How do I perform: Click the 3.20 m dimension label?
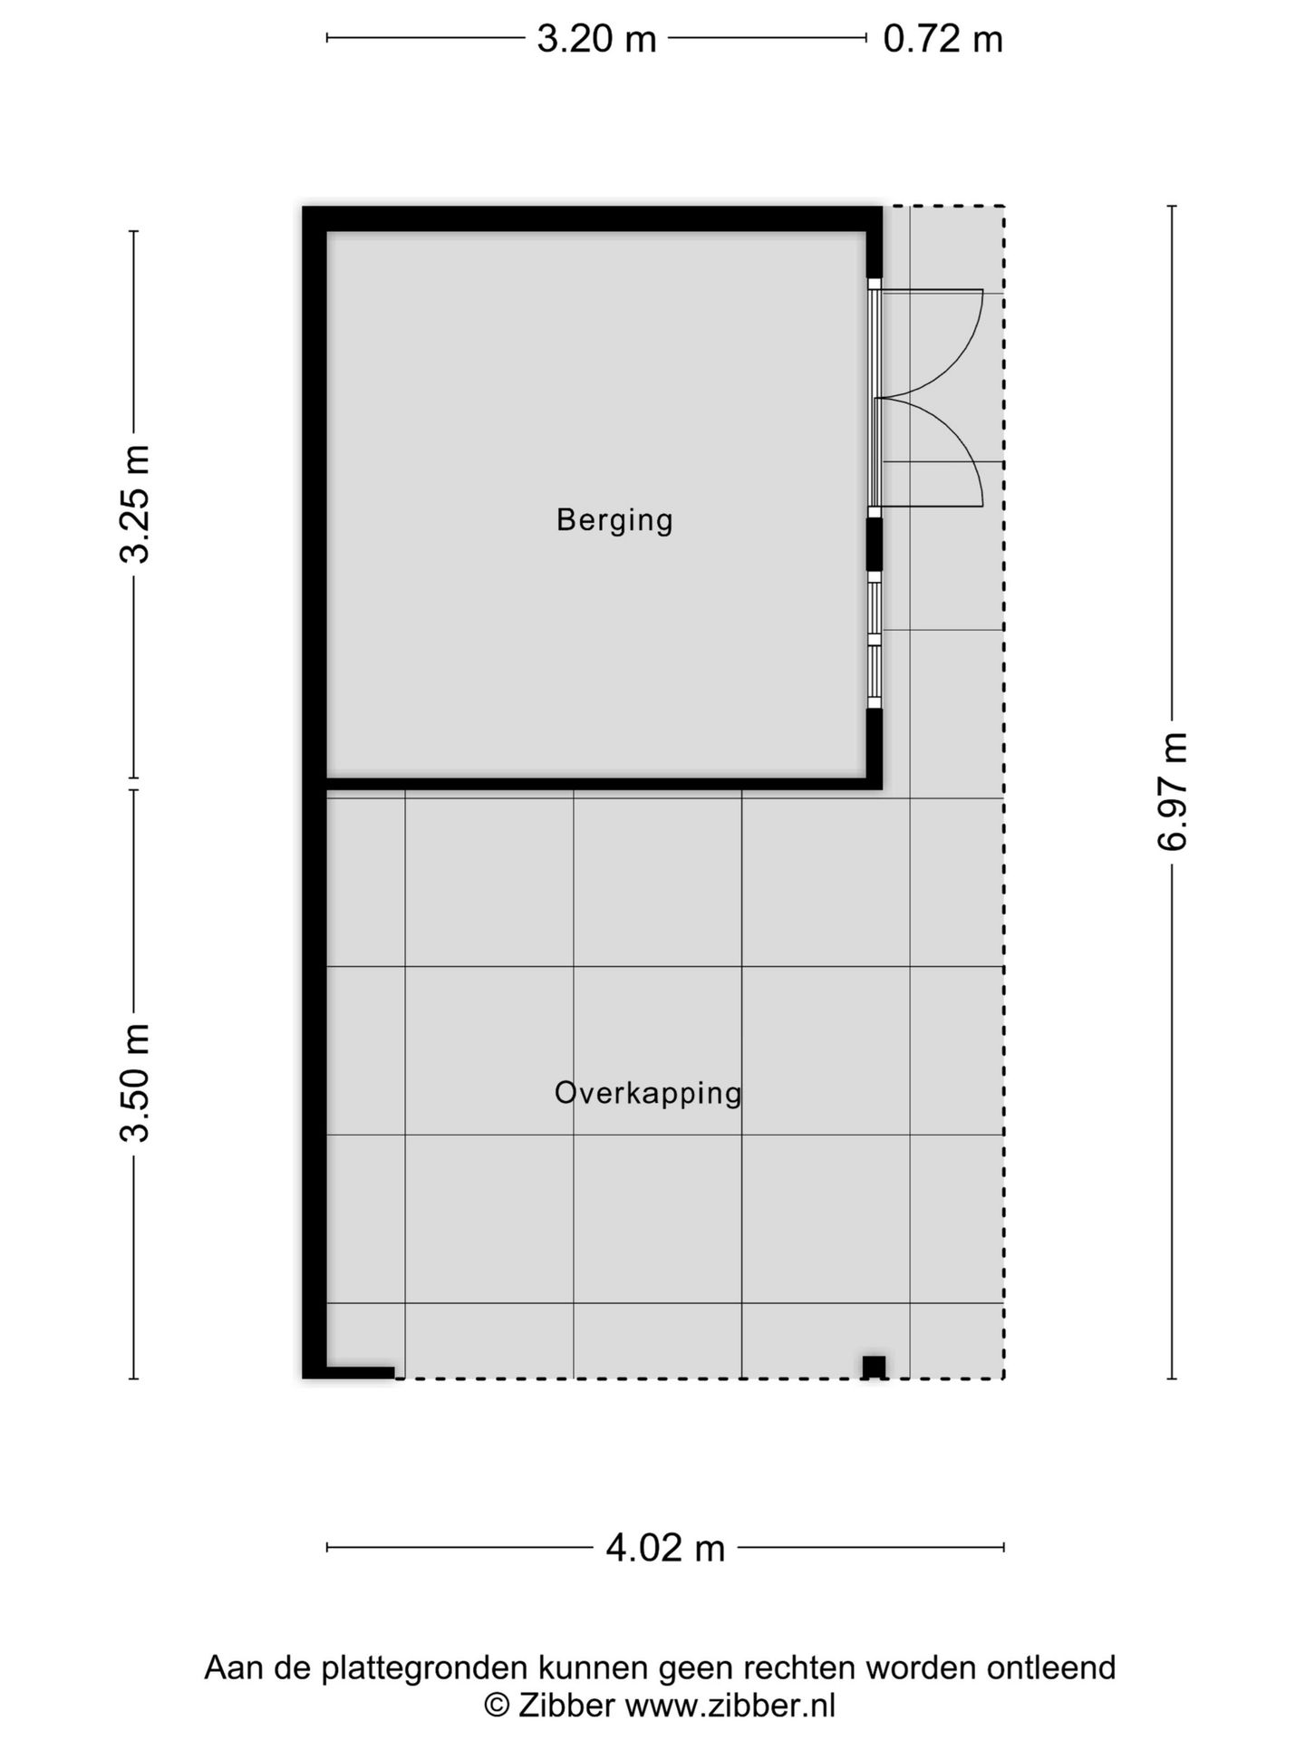click(x=596, y=39)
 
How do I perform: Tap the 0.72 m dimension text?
click(x=942, y=39)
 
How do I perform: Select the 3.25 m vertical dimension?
click(x=135, y=504)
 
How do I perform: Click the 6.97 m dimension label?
click(x=1172, y=791)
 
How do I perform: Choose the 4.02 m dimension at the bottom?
click(x=665, y=1548)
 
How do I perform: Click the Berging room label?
click(x=614, y=520)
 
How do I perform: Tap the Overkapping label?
click(x=648, y=1093)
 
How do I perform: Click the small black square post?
click(x=874, y=1367)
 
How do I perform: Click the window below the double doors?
click(x=875, y=640)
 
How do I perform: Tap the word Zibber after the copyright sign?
click(x=567, y=1705)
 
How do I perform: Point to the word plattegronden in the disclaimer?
click(x=424, y=1667)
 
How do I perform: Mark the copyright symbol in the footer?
click(x=496, y=1705)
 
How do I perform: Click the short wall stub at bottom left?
click(x=360, y=1372)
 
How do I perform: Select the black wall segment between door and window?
click(x=875, y=543)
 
